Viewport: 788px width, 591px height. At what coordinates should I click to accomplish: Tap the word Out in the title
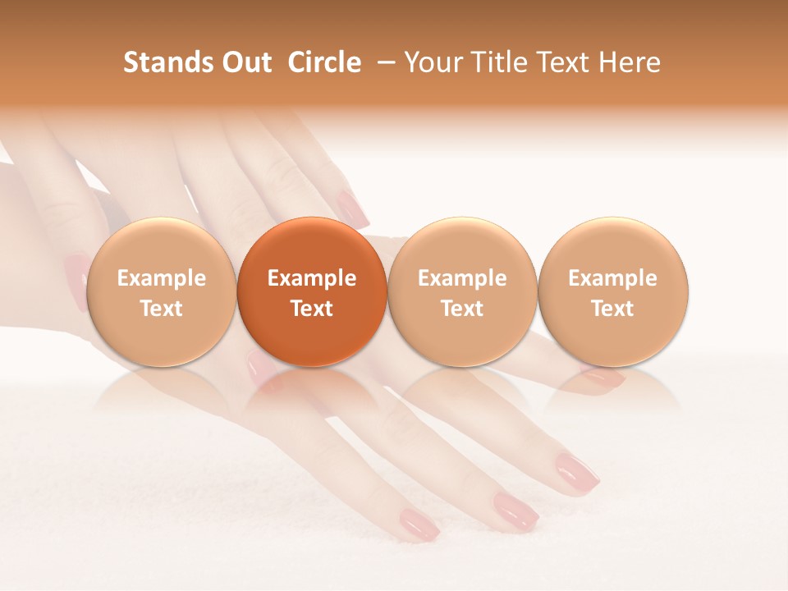click(245, 62)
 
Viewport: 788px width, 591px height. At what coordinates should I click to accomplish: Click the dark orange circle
click(312, 292)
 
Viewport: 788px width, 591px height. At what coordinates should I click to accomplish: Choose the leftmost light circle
click(162, 292)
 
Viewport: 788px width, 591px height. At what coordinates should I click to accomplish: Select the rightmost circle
click(613, 292)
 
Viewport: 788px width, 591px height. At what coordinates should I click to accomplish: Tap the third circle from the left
click(462, 292)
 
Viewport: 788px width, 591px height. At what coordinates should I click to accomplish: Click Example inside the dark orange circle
click(312, 278)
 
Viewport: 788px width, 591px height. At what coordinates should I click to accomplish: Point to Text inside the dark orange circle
click(312, 309)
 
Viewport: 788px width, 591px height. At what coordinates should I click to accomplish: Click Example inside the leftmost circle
click(162, 278)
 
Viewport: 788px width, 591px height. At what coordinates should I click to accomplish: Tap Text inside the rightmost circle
click(613, 309)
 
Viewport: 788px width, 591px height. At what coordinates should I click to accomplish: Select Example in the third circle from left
click(462, 278)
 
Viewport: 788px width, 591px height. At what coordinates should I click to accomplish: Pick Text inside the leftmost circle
click(162, 309)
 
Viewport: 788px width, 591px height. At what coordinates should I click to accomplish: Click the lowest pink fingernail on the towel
click(419, 523)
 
